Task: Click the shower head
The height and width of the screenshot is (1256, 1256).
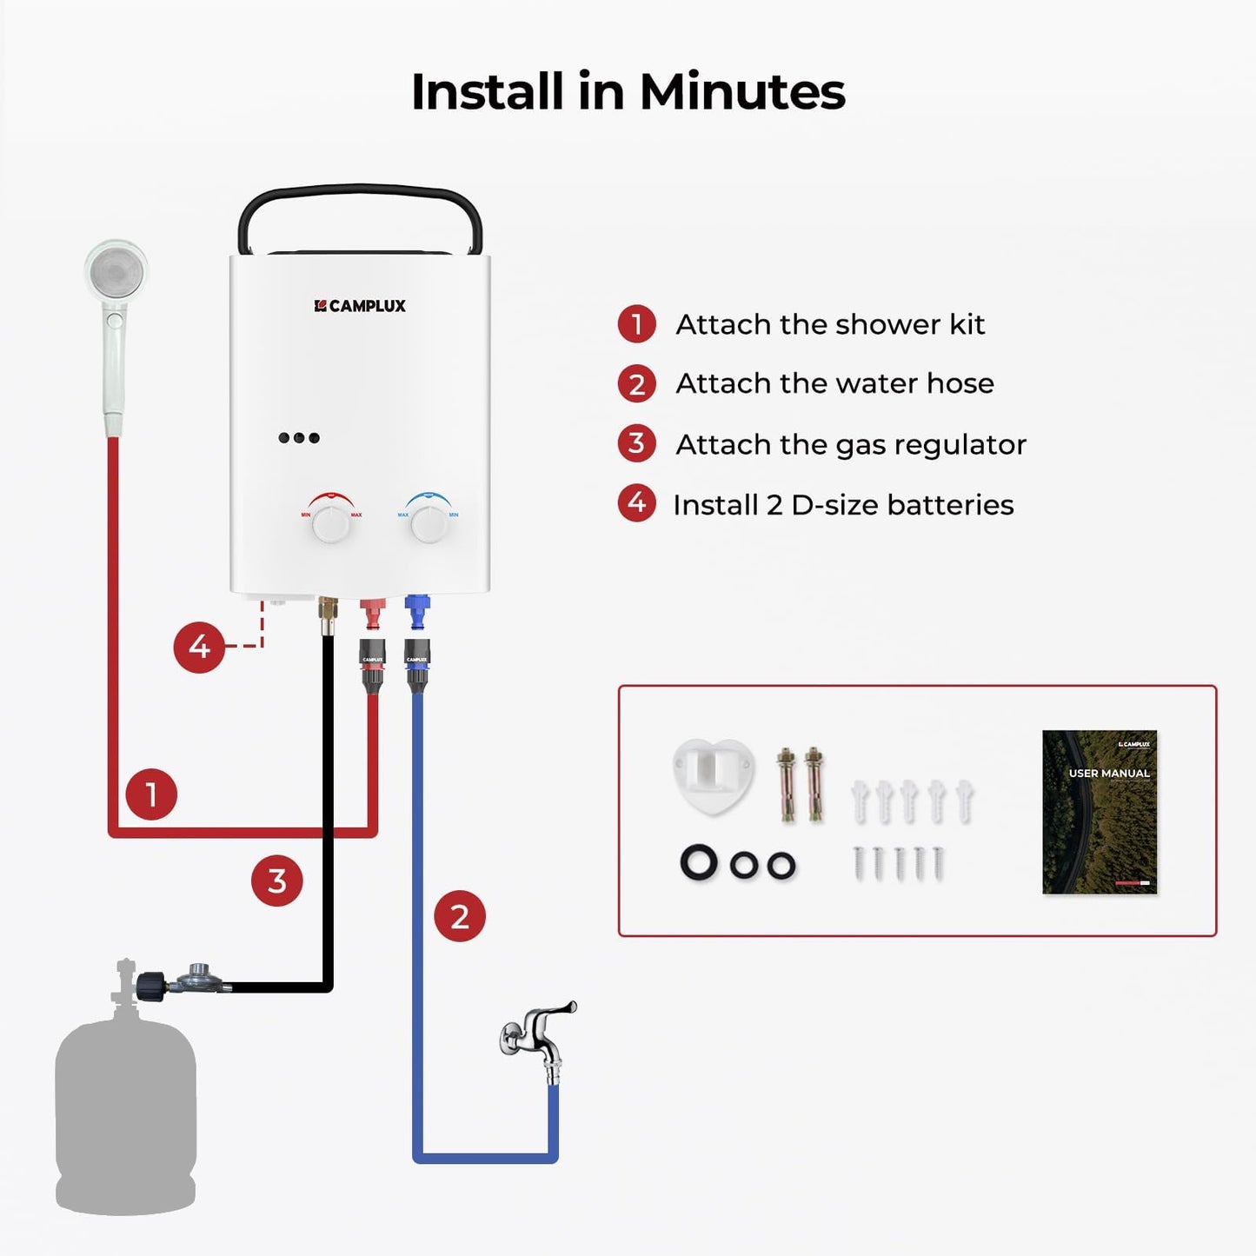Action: (116, 274)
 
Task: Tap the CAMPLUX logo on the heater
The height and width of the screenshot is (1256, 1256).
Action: (360, 306)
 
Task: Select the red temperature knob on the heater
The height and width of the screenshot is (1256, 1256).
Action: (331, 523)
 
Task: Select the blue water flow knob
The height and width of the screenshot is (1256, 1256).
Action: (429, 523)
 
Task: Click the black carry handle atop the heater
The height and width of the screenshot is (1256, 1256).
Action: (360, 209)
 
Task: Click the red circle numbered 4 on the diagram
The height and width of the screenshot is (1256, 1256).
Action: (199, 647)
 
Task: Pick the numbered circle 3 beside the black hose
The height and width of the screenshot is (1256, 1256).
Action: (277, 881)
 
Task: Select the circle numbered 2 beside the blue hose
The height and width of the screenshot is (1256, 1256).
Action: (460, 916)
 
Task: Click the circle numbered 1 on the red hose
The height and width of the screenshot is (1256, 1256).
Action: (151, 794)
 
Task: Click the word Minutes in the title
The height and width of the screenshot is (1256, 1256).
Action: (742, 91)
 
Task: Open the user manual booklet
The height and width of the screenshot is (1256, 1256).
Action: (1100, 812)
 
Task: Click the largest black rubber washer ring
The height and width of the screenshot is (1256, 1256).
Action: (699, 863)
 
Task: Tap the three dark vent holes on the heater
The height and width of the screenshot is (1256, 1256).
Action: (299, 437)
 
